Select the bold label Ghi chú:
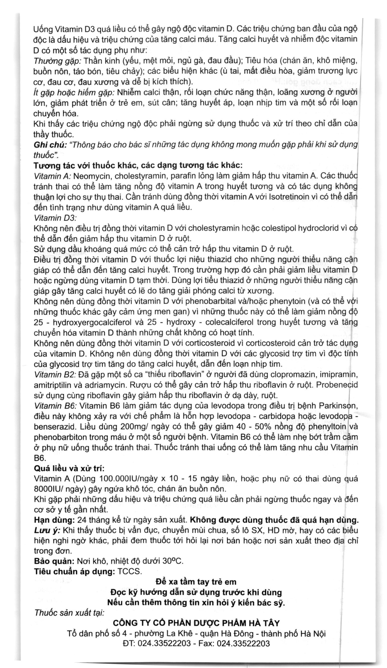(x=50, y=145)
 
